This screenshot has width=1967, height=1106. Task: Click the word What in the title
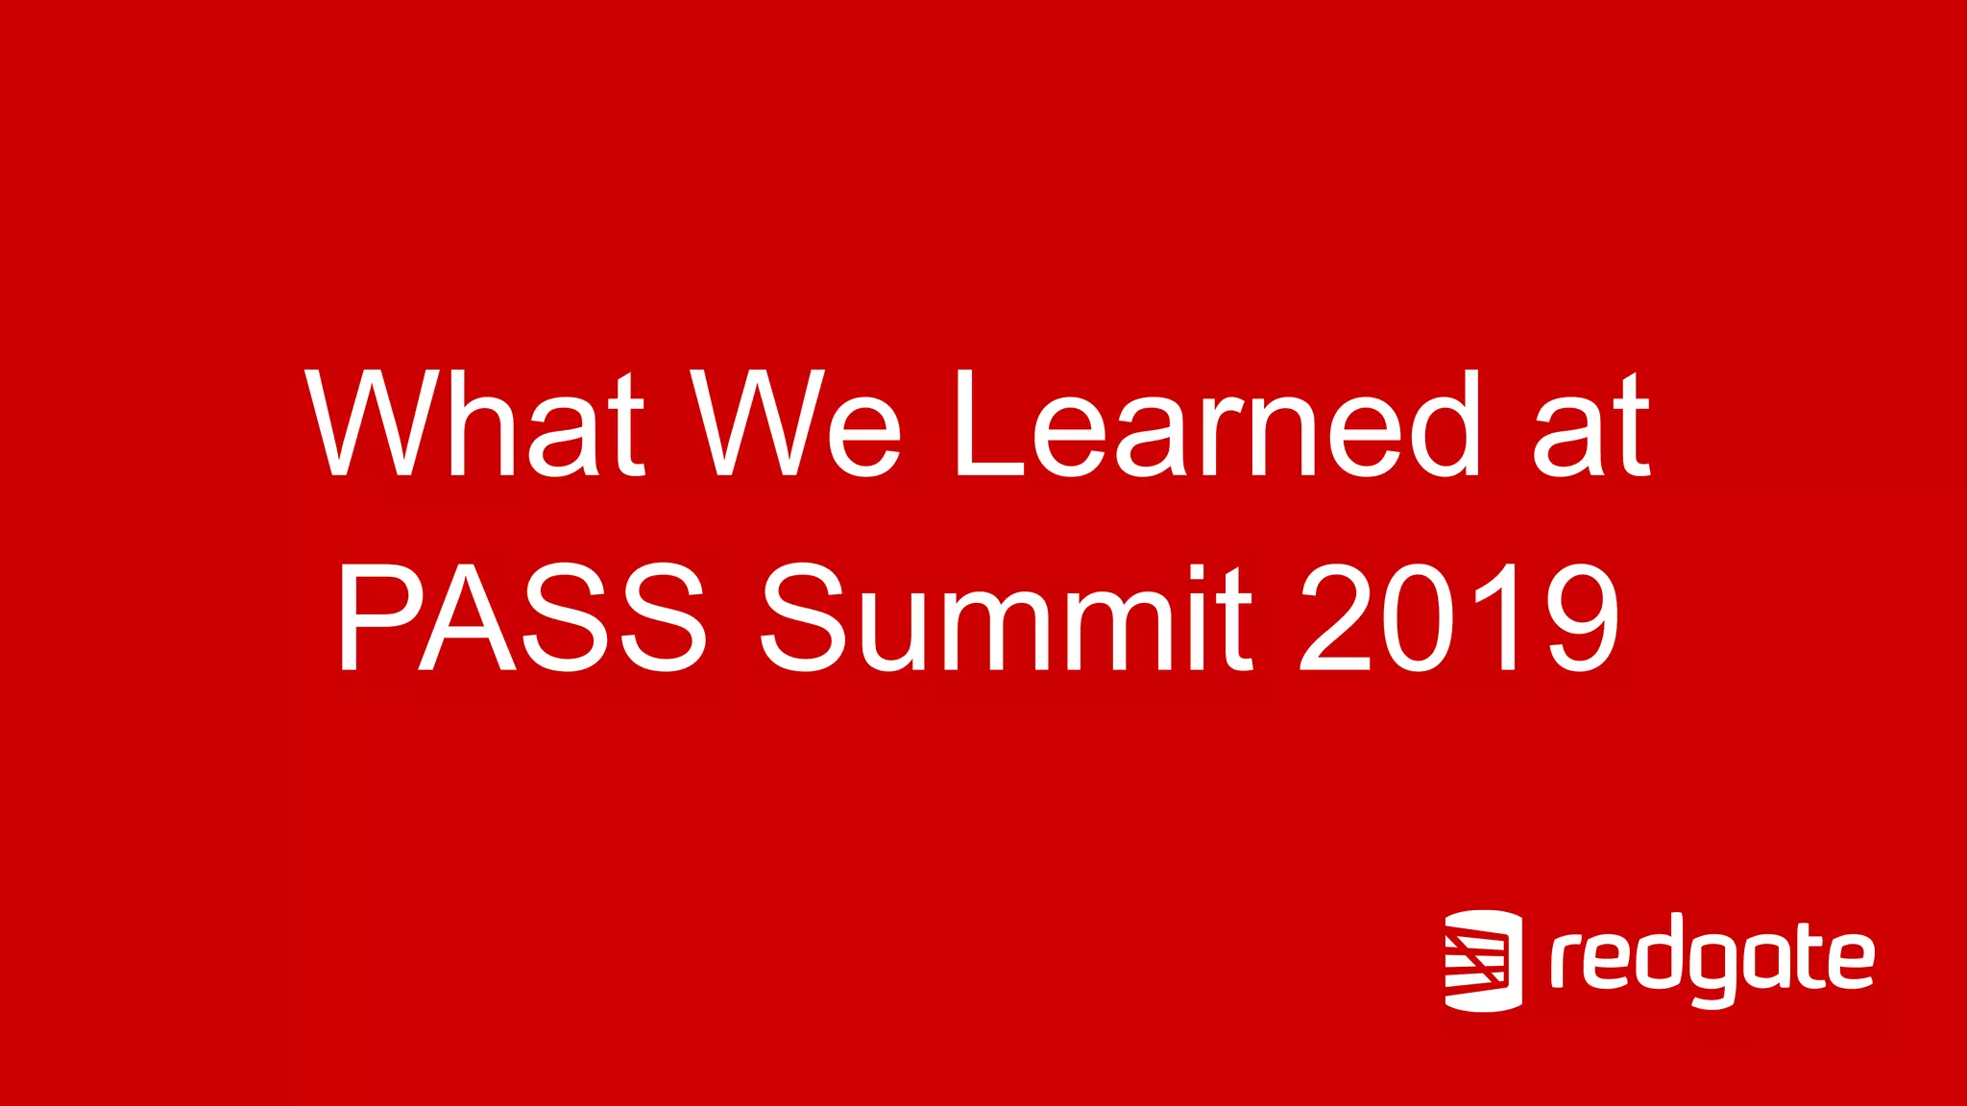474,423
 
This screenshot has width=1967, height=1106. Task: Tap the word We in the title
796,423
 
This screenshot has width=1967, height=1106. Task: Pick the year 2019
1460,615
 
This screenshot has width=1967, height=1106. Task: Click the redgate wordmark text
1712,960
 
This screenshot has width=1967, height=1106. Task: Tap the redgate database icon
1483,960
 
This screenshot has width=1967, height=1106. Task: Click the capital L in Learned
989,423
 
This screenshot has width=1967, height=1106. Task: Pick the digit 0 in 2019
1418,615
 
